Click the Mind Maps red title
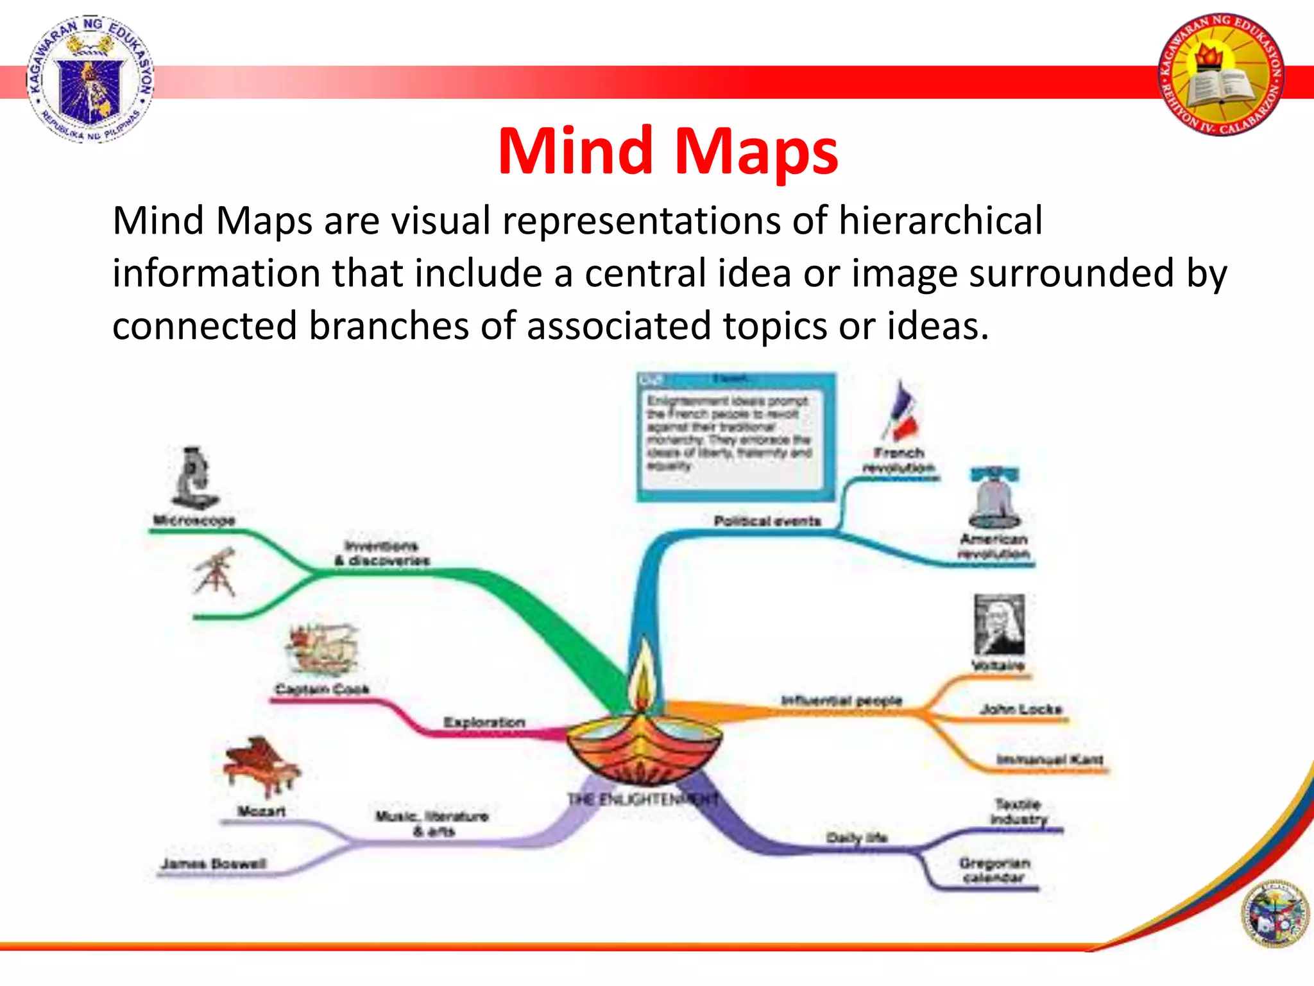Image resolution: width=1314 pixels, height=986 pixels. click(x=667, y=151)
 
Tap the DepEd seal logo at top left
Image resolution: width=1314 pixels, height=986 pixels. click(x=90, y=78)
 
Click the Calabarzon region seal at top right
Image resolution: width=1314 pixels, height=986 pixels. click(x=1221, y=74)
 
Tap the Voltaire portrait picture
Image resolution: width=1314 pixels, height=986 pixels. click(x=999, y=625)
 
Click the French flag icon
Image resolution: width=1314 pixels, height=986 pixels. click(x=901, y=411)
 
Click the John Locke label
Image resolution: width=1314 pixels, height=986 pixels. click(x=1021, y=709)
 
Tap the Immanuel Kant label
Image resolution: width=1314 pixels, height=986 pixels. click(x=1049, y=759)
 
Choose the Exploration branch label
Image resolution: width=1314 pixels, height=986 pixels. click(x=484, y=722)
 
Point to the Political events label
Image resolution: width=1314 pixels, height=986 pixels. click(x=767, y=521)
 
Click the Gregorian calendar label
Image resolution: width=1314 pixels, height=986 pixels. click(x=994, y=870)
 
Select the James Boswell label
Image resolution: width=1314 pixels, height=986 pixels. click(x=213, y=863)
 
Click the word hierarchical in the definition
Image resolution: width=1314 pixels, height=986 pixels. click(x=940, y=220)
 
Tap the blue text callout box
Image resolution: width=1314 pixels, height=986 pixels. click(x=736, y=437)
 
